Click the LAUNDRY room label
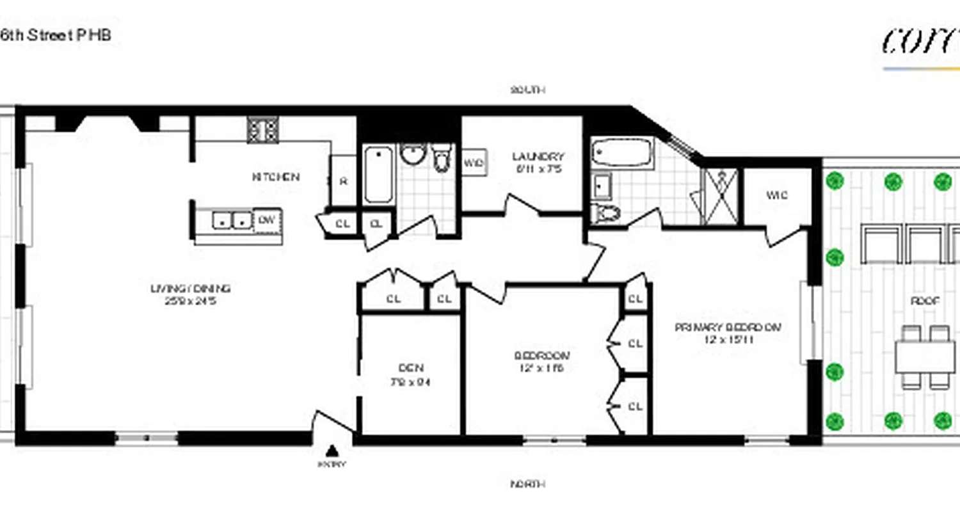(x=538, y=157)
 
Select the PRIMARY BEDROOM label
(x=728, y=327)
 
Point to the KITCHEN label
(x=276, y=177)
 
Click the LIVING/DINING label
(x=190, y=289)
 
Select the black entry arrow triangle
(x=332, y=450)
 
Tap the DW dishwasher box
(x=268, y=220)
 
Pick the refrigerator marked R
(x=343, y=181)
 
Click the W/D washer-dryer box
(x=473, y=163)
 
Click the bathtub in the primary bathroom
(x=621, y=154)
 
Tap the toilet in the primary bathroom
(x=605, y=212)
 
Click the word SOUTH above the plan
(x=528, y=90)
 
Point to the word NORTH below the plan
(x=528, y=484)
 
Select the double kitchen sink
(x=231, y=220)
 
